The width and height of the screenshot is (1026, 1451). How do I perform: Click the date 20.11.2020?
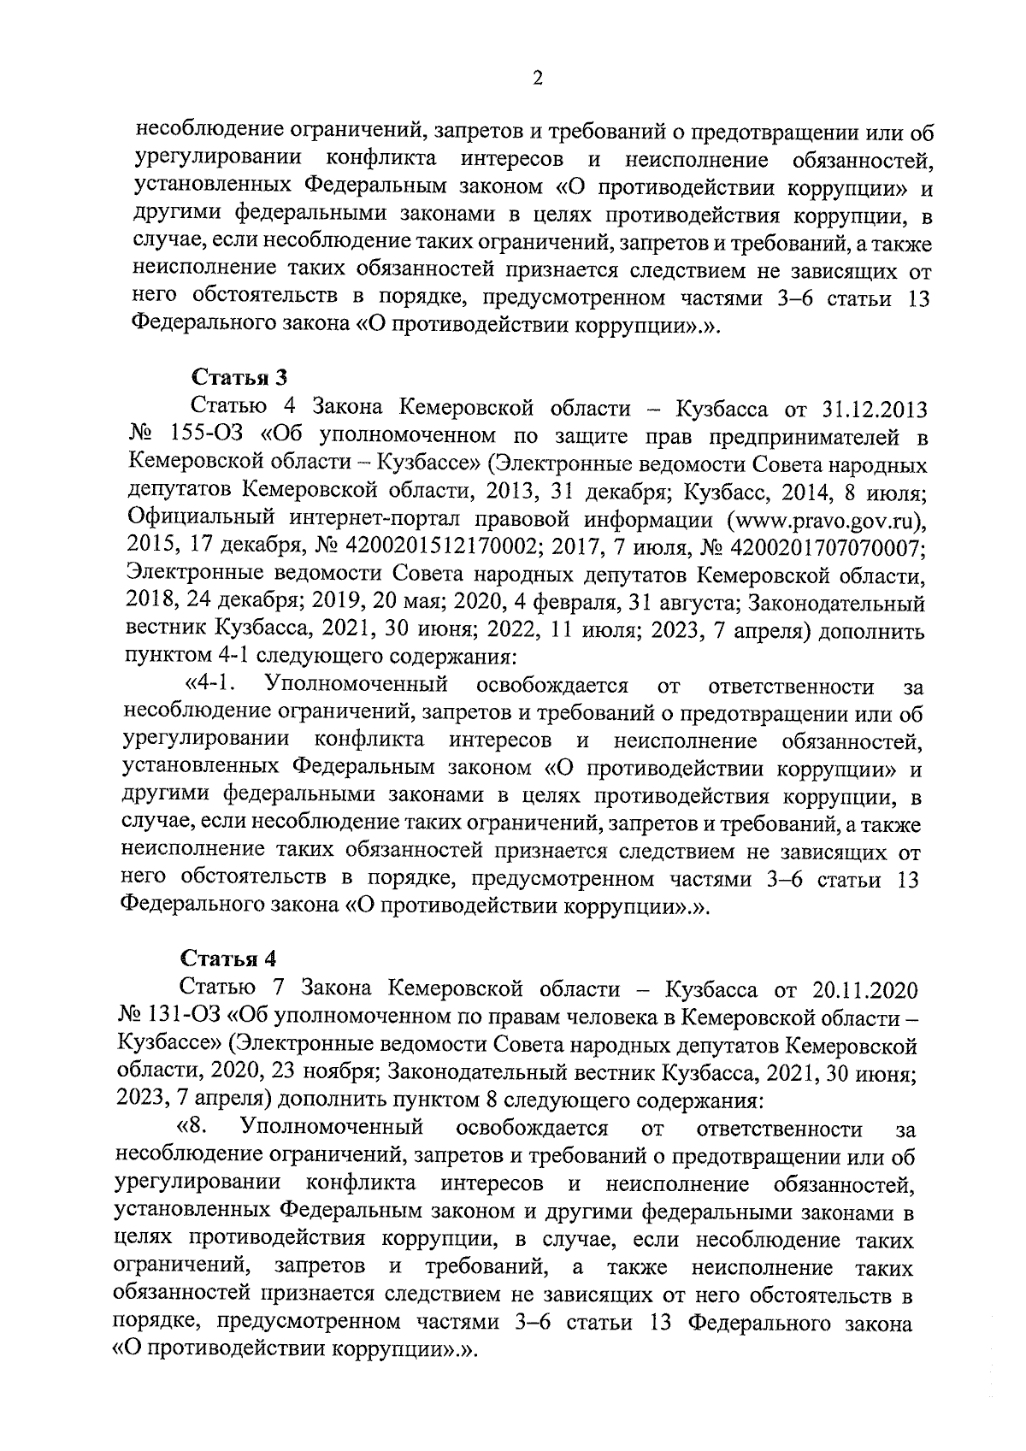pos(858,990)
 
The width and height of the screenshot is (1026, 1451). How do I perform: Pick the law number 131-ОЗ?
pos(186,1018)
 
